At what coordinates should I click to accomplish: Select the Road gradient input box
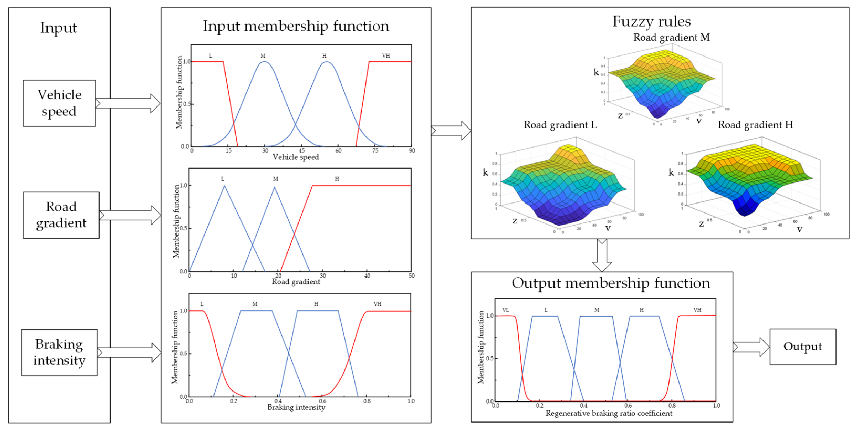tap(61, 215)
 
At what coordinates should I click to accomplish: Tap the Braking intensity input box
tap(59, 352)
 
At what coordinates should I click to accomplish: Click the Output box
tap(802, 347)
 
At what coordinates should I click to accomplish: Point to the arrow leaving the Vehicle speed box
tap(128, 103)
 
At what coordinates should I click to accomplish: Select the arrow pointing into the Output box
tap(751, 347)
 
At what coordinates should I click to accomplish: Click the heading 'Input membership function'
tap(296, 26)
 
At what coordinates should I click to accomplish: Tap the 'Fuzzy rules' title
tap(652, 21)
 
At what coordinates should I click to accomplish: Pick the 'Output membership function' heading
tap(611, 283)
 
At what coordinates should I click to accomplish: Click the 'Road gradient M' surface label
tap(671, 37)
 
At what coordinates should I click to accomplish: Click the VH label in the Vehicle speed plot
tap(386, 56)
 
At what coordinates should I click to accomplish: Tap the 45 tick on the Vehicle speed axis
tap(301, 151)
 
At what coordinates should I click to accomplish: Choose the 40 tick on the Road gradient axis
tap(367, 276)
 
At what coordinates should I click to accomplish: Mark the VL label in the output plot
tap(505, 310)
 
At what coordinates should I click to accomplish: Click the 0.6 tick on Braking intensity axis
tap(322, 401)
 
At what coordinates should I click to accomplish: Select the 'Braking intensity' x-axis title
tap(296, 407)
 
